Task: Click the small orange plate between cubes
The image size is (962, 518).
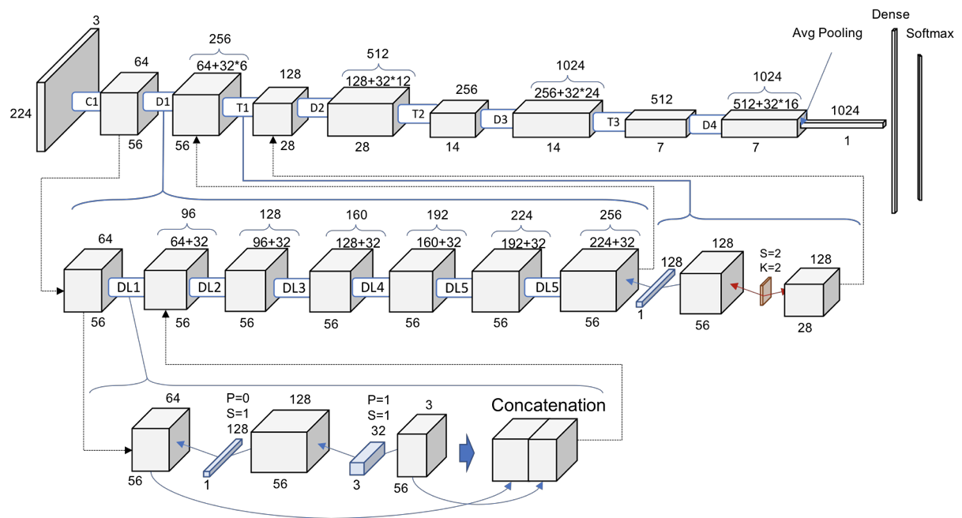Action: (x=765, y=291)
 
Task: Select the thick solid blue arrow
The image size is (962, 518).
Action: (x=467, y=453)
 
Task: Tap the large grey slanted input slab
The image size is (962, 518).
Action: (x=69, y=91)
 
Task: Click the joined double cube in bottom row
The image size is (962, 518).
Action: (x=533, y=452)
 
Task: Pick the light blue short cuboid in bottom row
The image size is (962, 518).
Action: (x=366, y=459)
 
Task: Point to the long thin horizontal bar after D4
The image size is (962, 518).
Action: (x=842, y=124)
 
